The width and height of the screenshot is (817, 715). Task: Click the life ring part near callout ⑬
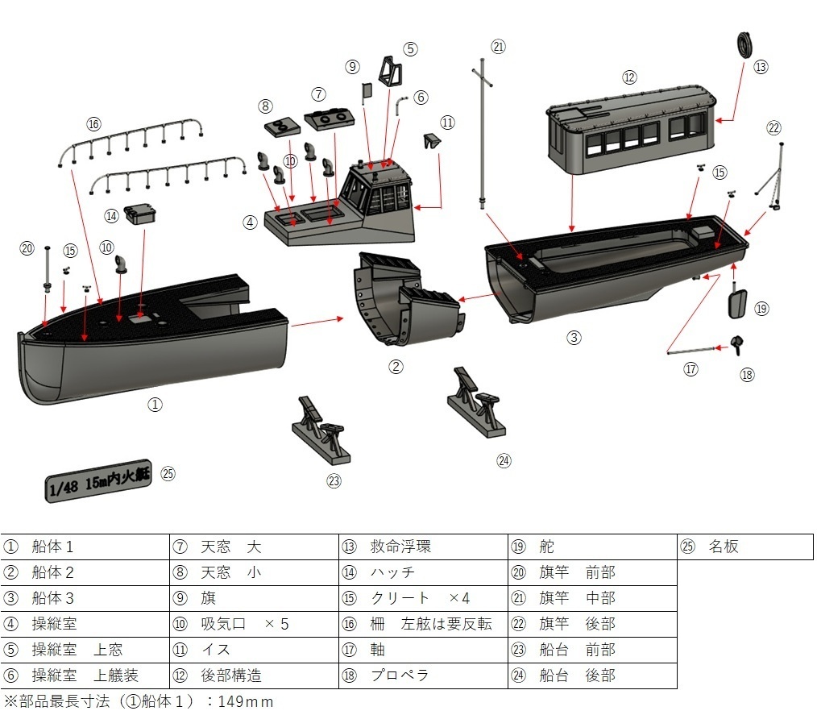pyautogui.click(x=745, y=44)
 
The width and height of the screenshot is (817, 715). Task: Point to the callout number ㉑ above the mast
pyautogui.click(x=498, y=46)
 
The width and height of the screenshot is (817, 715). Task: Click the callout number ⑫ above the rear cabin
pyautogui.click(x=629, y=77)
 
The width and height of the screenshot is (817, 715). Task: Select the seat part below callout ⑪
pyautogui.click(x=432, y=142)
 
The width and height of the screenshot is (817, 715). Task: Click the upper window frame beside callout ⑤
pyautogui.click(x=390, y=72)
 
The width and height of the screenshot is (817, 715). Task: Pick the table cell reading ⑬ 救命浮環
pyautogui.click(x=423, y=547)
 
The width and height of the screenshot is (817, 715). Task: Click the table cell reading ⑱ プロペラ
pyautogui.click(x=423, y=676)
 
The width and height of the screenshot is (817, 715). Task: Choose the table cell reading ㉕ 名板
pyautogui.click(x=744, y=547)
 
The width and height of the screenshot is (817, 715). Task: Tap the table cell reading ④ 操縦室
pyautogui.click(x=85, y=624)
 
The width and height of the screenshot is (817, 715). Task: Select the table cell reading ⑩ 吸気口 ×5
pyautogui.click(x=254, y=624)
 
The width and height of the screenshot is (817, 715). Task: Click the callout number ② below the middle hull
pyautogui.click(x=396, y=366)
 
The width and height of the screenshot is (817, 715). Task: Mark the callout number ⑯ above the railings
pyautogui.click(x=94, y=123)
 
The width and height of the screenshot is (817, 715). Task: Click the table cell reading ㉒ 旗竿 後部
pyautogui.click(x=592, y=624)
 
